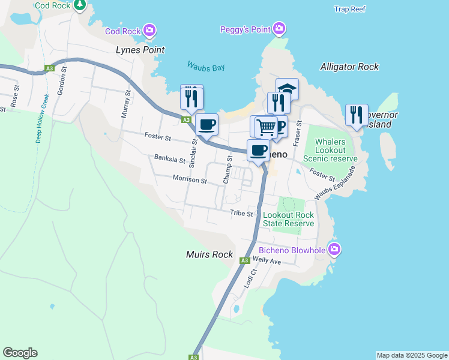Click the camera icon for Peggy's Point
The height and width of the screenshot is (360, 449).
click(x=279, y=28)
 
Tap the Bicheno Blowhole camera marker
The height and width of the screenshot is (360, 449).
click(x=334, y=249)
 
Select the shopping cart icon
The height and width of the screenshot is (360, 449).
click(x=265, y=126)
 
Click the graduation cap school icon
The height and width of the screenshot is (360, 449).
click(x=287, y=89)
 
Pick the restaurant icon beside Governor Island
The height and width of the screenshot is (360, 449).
click(x=357, y=114)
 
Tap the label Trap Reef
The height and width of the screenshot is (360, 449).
click(x=350, y=9)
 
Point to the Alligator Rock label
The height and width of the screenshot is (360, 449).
click(x=349, y=67)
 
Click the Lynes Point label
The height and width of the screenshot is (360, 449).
click(x=140, y=50)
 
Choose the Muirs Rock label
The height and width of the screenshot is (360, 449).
click(x=209, y=254)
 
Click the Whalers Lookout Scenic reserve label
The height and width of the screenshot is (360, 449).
click(x=330, y=150)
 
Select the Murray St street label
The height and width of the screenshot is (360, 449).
click(x=125, y=104)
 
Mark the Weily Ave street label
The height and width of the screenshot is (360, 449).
click(x=267, y=261)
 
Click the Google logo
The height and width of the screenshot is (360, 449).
click(x=20, y=353)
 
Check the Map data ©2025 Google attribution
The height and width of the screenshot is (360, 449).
click(x=411, y=355)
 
